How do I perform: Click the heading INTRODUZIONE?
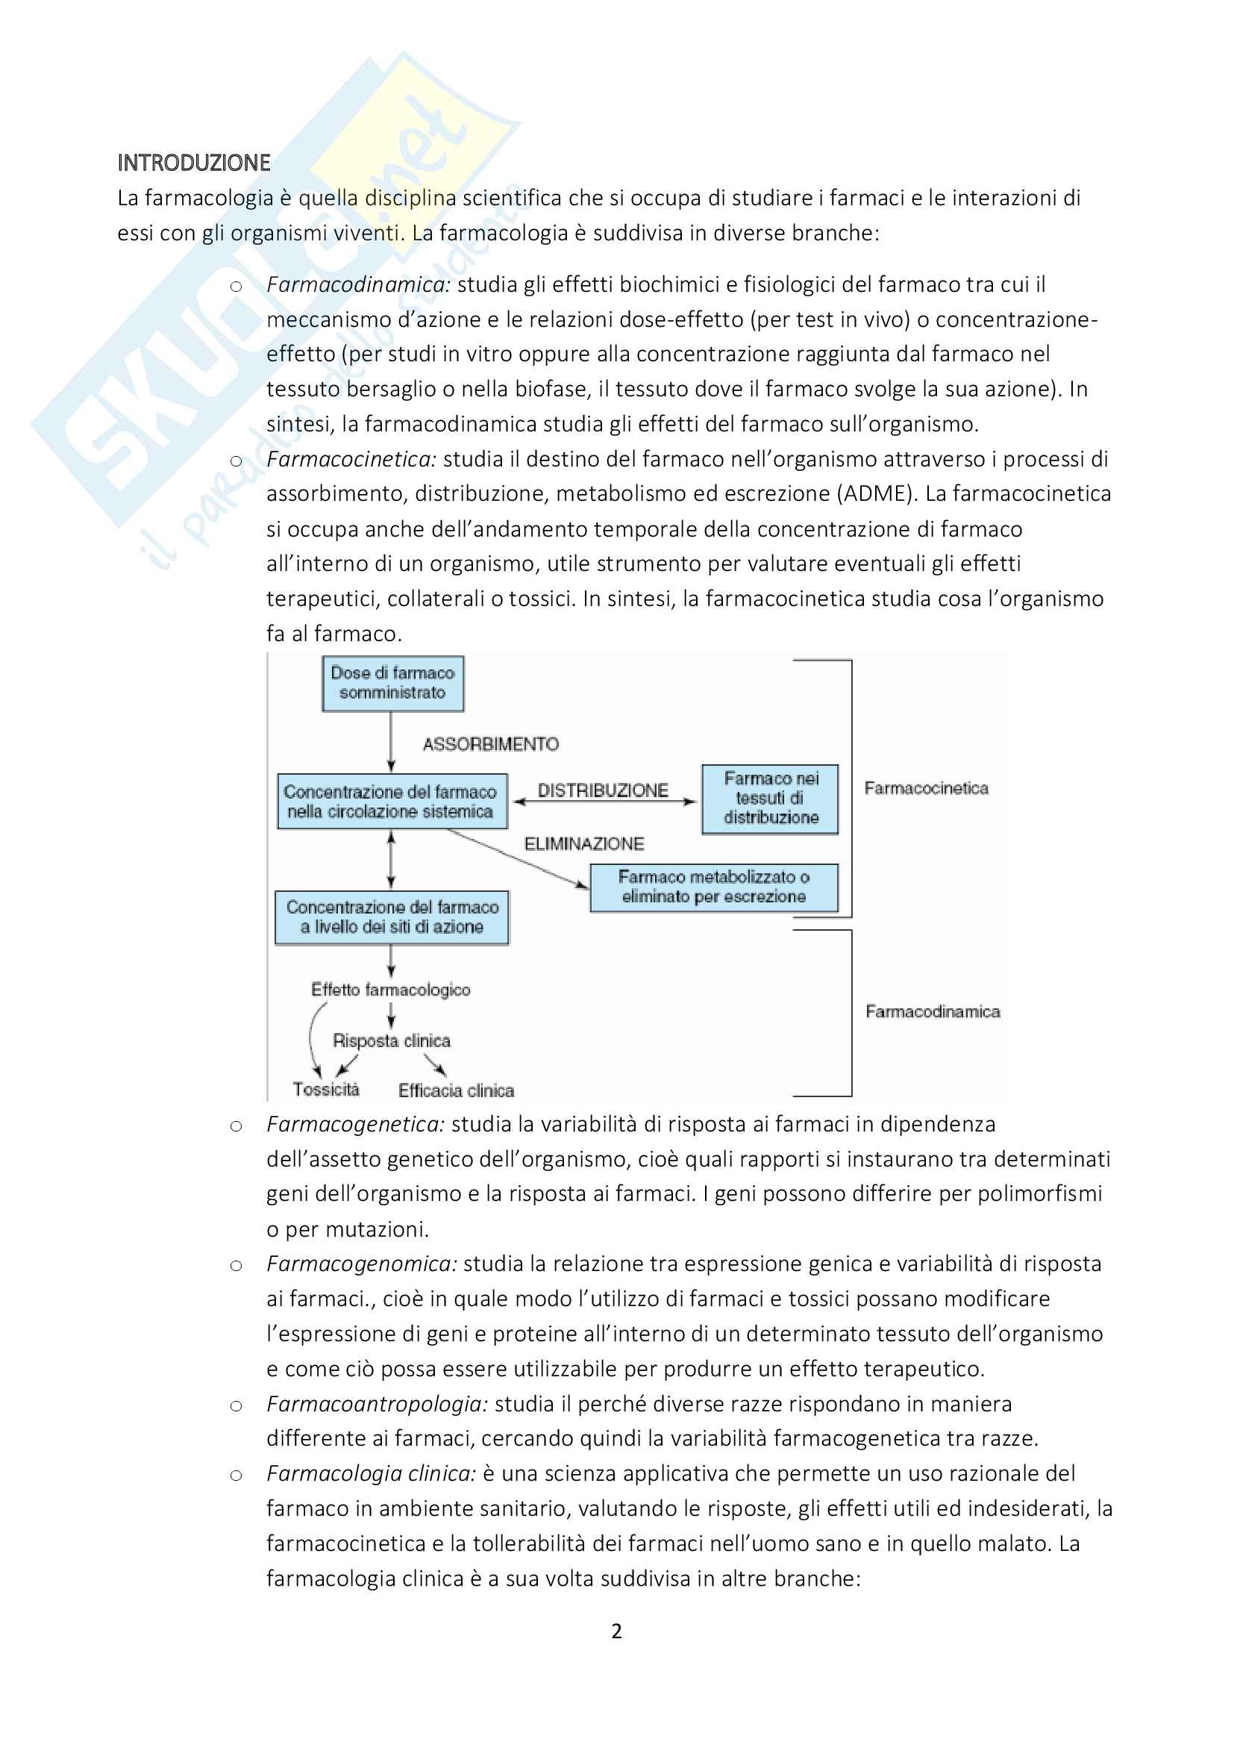[x=194, y=163]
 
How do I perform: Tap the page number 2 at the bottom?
[x=616, y=1631]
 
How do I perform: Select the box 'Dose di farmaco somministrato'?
[x=392, y=683]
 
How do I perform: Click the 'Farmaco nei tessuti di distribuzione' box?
[x=770, y=798]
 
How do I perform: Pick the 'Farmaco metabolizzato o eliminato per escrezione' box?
[x=713, y=887]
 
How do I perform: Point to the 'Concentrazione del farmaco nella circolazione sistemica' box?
[x=392, y=801]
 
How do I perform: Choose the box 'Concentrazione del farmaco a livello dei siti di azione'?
[x=392, y=917]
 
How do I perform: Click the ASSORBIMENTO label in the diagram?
[x=491, y=744]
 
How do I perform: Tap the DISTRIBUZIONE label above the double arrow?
[x=603, y=790]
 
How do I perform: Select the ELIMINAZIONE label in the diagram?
[x=583, y=843]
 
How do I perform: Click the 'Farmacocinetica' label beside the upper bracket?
[x=927, y=788]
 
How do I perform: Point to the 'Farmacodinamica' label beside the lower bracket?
[x=933, y=1011]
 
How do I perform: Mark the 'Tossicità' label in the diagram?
[x=326, y=1090]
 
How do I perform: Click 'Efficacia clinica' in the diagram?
[x=456, y=1090]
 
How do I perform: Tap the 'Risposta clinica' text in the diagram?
[x=392, y=1040]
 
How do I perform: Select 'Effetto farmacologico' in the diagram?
[x=390, y=990]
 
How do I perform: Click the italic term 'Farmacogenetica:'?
[x=355, y=1124]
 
